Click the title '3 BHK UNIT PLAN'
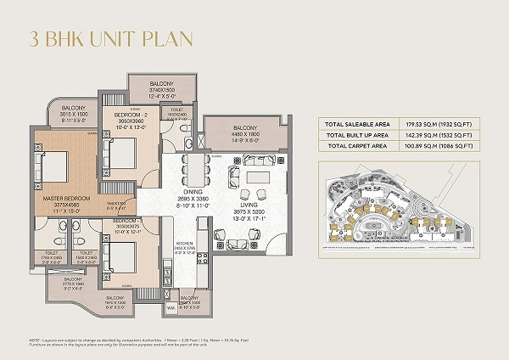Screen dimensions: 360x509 110,38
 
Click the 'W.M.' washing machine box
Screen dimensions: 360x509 171,308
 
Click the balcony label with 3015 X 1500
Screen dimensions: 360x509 73,114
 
